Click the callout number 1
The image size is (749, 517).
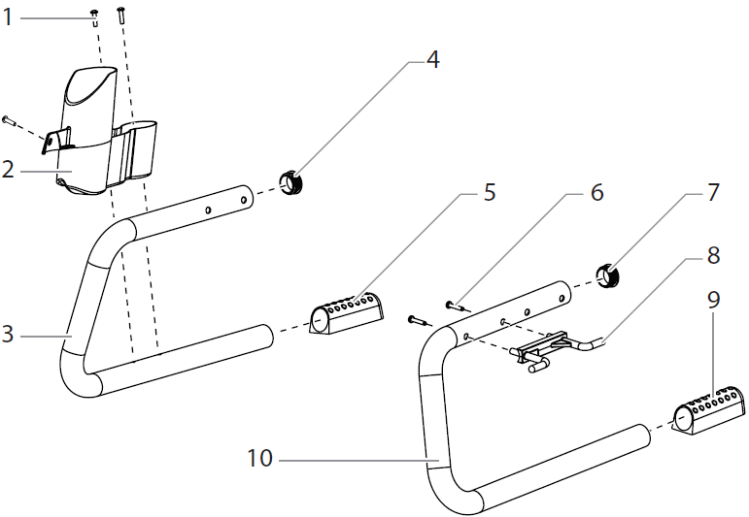pyautogui.click(x=9, y=16)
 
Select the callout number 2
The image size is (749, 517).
pyautogui.click(x=9, y=171)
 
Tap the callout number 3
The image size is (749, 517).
pyautogui.click(x=9, y=336)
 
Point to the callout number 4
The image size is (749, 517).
pyautogui.click(x=432, y=60)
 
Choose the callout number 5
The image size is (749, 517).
pyautogui.click(x=489, y=192)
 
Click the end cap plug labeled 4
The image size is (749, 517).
pyautogui.click(x=292, y=182)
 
